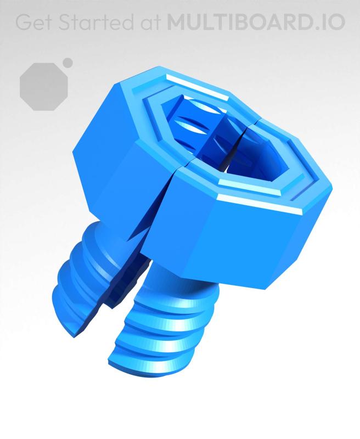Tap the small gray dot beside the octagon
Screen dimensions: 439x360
pos(68,62)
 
